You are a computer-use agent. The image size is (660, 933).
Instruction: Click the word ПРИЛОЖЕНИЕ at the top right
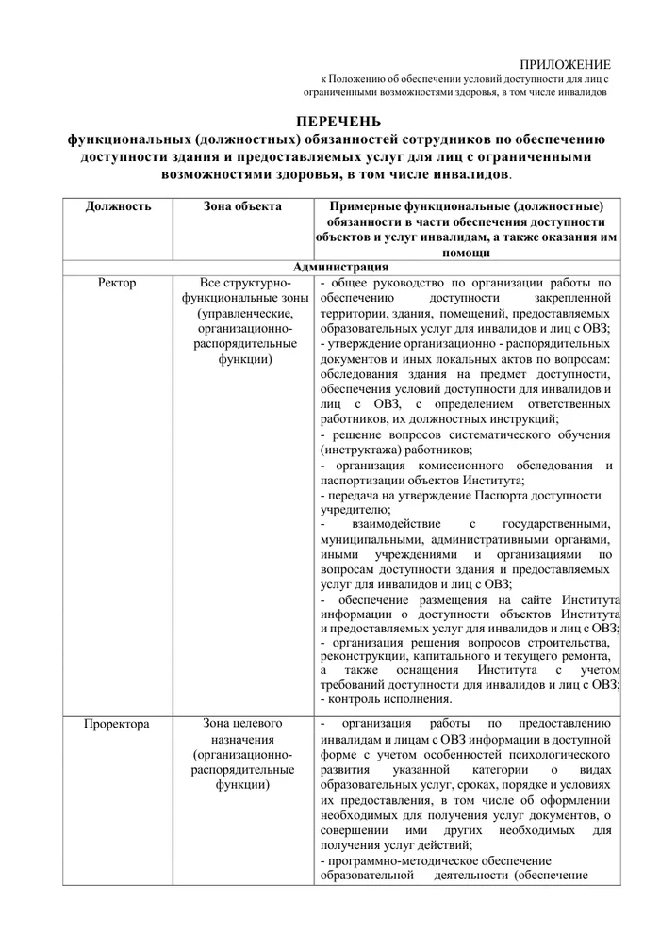point(565,64)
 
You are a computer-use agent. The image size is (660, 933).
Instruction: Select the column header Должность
point(117,206)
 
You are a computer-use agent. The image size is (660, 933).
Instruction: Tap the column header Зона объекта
point(241,206)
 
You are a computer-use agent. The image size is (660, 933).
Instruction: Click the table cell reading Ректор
point(117,283)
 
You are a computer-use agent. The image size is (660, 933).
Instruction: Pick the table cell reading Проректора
point(117,725)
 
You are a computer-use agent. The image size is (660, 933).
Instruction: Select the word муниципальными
point(371,539)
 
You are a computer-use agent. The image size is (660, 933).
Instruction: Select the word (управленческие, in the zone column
point(242,313)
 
